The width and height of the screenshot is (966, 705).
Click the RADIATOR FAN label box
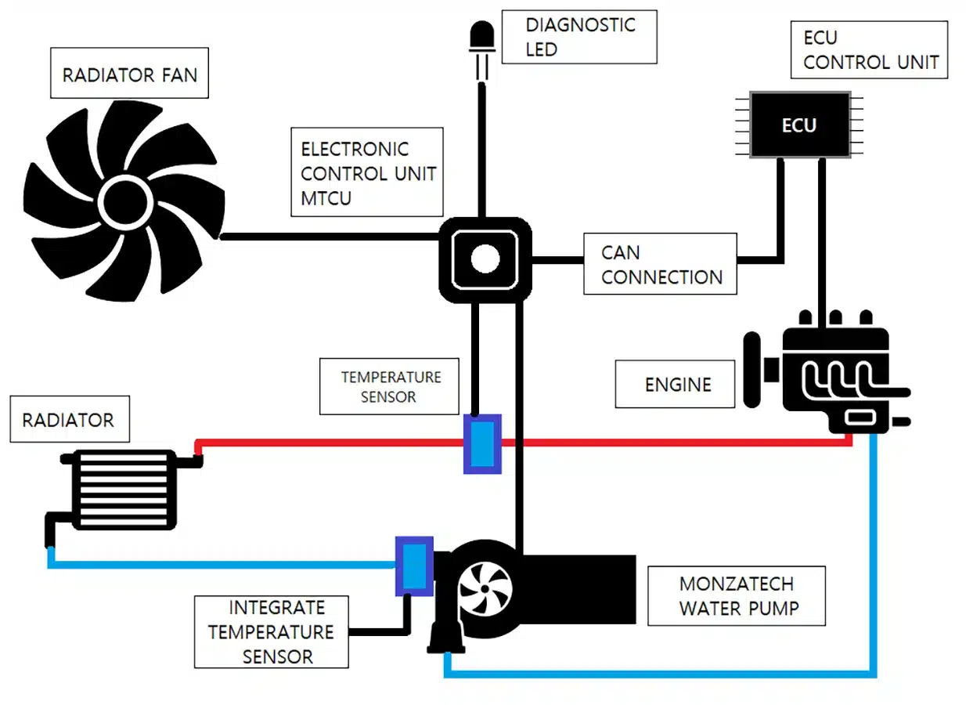129,75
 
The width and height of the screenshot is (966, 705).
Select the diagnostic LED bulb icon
481,36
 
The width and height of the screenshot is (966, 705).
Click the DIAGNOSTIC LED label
579,37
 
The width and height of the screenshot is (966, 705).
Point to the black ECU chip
798,125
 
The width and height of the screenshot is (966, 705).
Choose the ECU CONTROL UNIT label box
870,50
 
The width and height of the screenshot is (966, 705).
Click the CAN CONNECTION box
660,265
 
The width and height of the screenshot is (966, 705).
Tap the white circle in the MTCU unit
485,259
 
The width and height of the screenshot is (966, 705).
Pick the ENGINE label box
675,385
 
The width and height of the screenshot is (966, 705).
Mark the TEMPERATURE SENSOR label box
389,387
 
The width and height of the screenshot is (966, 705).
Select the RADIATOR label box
69,421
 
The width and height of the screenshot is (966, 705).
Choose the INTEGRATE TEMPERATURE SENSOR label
271,632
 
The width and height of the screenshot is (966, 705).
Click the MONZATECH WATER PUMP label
736,596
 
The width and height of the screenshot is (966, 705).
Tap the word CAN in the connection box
621,253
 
